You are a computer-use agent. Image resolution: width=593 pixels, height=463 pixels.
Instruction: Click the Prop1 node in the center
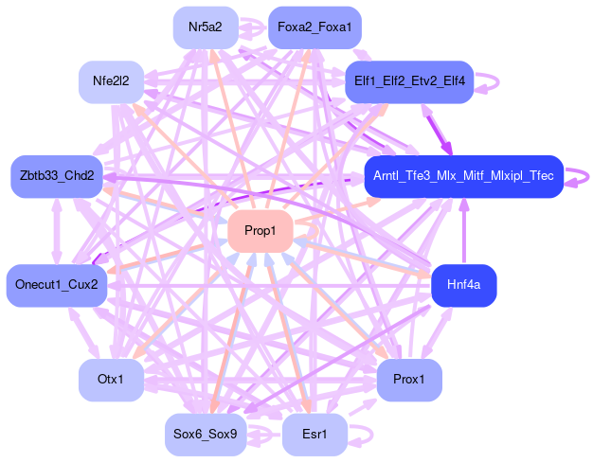point(259,231)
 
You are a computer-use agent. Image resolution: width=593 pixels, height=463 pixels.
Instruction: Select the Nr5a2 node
point(205,27)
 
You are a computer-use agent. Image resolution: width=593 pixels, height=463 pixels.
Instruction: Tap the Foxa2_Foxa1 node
point(314,27)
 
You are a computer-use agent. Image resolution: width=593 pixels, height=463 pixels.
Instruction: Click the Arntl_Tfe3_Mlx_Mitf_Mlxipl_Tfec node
point(463,176)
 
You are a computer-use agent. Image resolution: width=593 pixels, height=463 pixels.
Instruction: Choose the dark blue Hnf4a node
point(463,284)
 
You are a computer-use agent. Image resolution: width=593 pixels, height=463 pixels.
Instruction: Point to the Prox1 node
point(409,380)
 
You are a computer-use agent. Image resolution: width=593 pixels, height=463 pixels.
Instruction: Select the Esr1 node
point(314,435)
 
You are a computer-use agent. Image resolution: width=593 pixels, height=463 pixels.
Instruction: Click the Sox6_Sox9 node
point(205,435)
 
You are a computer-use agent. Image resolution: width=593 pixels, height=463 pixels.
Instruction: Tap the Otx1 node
point(110,380)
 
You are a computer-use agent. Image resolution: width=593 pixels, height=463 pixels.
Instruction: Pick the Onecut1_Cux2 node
point(56,285)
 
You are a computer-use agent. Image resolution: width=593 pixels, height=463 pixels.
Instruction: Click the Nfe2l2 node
point(110,81)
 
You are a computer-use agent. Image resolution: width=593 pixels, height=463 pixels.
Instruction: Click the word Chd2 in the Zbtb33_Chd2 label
point(80,176)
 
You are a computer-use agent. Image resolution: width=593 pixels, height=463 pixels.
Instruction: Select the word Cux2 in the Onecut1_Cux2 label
point(82,285)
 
